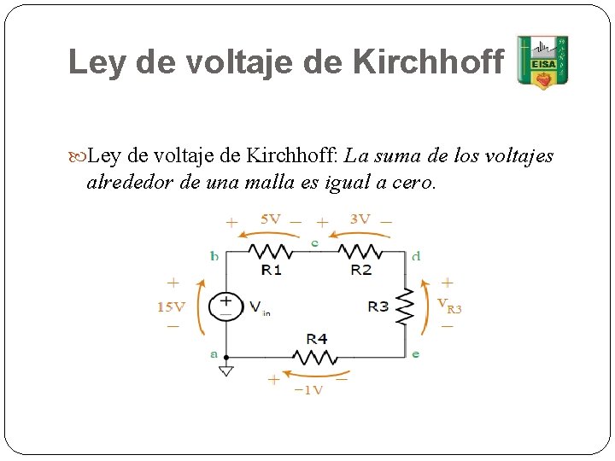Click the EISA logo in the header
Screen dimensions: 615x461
(542, 62)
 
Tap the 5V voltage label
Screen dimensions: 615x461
(270, 219)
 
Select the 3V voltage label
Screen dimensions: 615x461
(360, 219)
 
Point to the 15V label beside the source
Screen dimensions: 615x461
(171, 307)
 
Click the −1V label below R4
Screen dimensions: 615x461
(308, 389)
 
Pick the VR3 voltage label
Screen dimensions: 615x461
(449, 305)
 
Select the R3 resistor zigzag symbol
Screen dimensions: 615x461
(405, 306)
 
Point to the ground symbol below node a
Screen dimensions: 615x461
(226, 371)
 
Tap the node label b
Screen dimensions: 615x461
(214, 255)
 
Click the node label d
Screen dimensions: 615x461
(415, 255)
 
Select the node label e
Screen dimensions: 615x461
(415, 353)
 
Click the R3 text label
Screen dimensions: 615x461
(378, 306)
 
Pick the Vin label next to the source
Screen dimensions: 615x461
(259, 307)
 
